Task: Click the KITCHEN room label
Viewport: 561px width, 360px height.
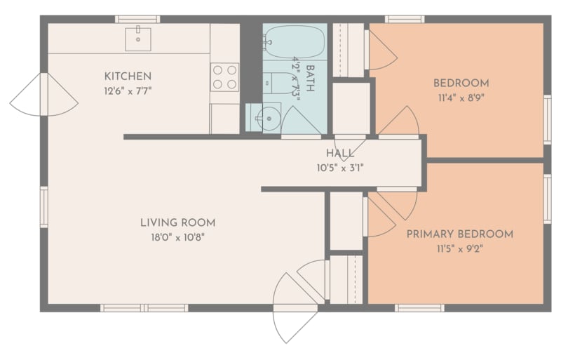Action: [128, 76]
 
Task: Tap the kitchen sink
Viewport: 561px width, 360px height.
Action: [137, 39]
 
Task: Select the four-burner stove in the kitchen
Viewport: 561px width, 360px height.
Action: [224, 77]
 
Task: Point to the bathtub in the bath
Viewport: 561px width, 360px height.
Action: [295, 42]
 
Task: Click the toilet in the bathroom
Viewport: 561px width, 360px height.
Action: [280, 83]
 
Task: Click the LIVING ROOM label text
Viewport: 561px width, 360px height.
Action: [178, 222]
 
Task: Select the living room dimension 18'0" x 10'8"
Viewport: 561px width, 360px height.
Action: [178, 237]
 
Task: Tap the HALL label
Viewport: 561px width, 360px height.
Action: [340, 153]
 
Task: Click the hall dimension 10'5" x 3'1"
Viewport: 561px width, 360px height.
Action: [340, 168]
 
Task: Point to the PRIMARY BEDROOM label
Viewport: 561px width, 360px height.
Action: [460, 234]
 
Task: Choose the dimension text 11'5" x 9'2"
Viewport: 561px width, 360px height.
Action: [460, 248]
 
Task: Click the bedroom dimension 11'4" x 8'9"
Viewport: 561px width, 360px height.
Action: [461, 98]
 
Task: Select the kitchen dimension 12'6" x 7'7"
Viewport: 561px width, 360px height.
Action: [128, 91]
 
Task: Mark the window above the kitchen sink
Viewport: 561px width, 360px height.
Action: [137, 20]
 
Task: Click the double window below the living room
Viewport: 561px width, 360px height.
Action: [144, 308]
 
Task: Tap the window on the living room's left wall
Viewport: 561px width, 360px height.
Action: [43, 207]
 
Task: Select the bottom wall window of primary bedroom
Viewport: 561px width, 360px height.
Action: [419, 308]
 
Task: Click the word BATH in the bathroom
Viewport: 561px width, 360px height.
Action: [310, 78]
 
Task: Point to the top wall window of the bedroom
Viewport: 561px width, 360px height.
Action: [405, 20]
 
